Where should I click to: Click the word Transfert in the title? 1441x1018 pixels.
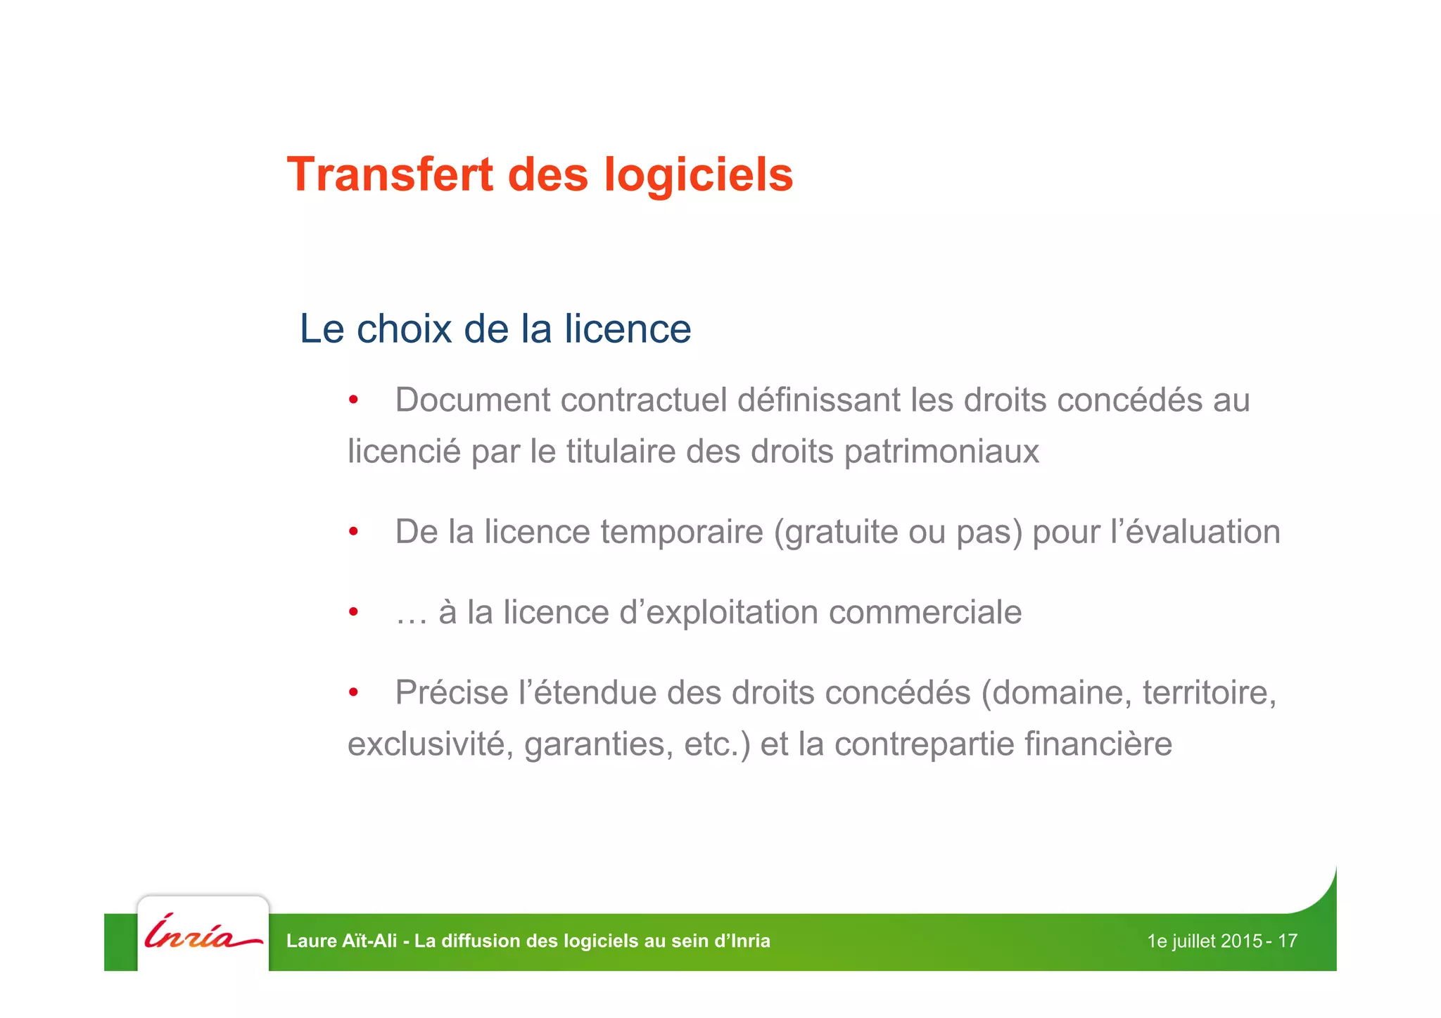coord(390,174)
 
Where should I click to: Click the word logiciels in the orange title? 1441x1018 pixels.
coord(699,174)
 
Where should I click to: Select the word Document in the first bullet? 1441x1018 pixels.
coord(473,400)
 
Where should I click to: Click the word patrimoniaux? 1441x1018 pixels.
coord(941,451)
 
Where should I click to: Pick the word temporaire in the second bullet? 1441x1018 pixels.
coord(682,531)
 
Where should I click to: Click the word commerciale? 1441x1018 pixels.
coord(925,611)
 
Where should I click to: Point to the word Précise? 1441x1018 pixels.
coord(452,692)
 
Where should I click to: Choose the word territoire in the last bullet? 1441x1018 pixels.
coord(1209,692)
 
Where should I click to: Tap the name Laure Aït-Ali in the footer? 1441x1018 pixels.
coord(342,941)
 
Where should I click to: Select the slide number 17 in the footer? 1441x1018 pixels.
coord(1288,941)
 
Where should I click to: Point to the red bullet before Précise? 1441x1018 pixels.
coord(354,693)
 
